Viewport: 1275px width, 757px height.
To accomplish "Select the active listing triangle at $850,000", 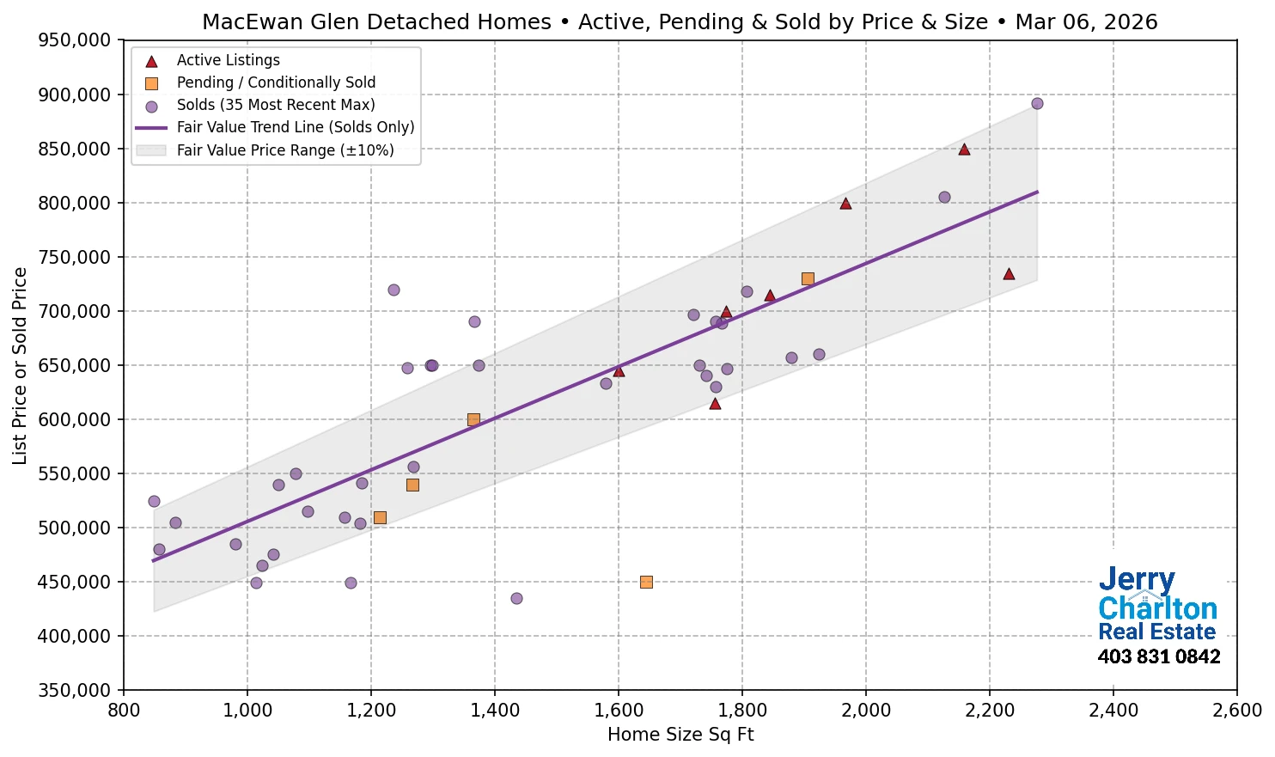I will (964, 150).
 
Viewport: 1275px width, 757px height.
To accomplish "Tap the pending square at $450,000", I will (646, 582).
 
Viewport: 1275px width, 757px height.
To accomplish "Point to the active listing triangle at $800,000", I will (845, 204).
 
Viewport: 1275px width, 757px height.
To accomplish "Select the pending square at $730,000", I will (808, 278).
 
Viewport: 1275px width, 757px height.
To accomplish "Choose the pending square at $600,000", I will (473, 419).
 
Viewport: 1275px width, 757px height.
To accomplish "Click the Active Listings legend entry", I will (228, 60).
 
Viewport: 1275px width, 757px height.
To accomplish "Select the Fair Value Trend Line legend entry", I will (295, 127).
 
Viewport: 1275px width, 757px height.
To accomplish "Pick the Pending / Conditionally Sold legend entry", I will (276, 82).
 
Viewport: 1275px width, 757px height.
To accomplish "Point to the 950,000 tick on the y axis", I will (76, 40).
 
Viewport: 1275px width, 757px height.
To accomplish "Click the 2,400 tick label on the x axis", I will (1113, 711).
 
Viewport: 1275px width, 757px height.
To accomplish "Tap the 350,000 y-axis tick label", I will (76, 690).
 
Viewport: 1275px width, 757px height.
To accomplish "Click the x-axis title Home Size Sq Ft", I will (680, 735).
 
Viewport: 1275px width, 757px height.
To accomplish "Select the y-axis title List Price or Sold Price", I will (20, 365).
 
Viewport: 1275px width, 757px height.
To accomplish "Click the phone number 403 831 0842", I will (1158, 656).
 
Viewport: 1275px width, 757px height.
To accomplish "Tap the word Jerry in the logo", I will (1136, 580).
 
